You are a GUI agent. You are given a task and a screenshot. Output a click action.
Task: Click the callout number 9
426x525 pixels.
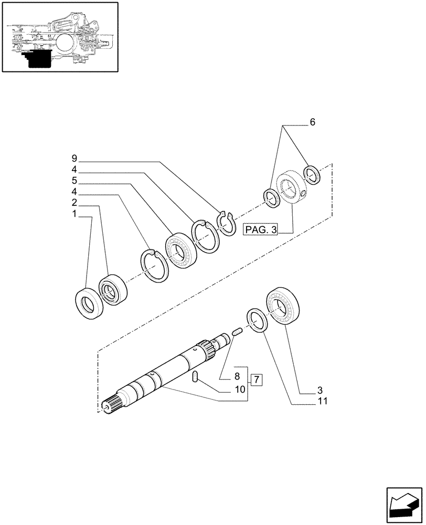[74, 158]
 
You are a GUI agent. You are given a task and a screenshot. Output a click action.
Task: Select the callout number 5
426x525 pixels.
[74, 180]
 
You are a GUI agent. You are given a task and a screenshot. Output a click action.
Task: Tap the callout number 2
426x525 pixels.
[74, 202]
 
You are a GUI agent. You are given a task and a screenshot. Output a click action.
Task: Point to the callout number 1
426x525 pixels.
[74, 214]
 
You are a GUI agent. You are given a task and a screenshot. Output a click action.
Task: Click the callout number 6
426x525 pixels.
[312, 122]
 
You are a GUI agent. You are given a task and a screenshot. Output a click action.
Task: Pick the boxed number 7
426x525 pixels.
[257, 380]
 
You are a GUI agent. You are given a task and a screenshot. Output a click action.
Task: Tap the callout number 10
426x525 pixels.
[240, 390]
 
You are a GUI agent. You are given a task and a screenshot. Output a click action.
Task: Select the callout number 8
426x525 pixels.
[237, 376]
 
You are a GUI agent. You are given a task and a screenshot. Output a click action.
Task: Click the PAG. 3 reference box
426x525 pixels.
[261, 229]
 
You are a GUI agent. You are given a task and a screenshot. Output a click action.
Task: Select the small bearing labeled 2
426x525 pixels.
[110, 289]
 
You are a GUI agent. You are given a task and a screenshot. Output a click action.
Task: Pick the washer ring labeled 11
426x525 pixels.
[257, 320]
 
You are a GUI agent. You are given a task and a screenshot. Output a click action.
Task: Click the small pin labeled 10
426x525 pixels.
[196, 376]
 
